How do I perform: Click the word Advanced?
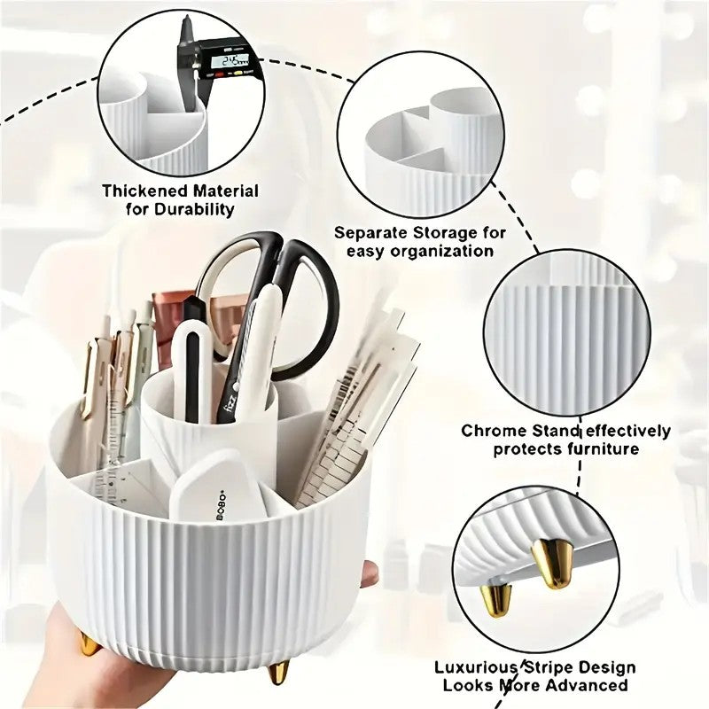click(589, 685)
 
